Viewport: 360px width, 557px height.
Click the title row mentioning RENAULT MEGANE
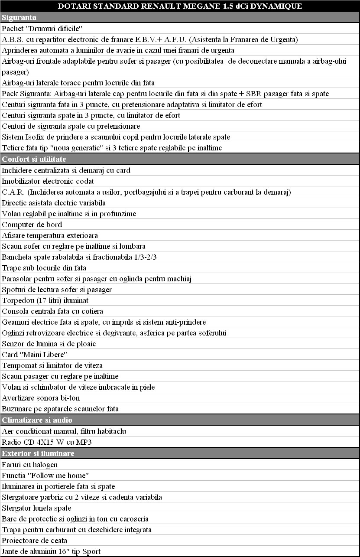click(180, 6)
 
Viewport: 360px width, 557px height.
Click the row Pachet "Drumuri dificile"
click(42, 29)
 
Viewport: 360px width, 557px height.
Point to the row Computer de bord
click(32, 225)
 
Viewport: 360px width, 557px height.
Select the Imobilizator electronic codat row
click(48, 181)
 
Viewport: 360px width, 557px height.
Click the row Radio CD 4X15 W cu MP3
click(47, 442)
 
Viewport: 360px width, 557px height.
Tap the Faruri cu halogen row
click(30, 465)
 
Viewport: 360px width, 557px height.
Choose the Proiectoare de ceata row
click(35, 541)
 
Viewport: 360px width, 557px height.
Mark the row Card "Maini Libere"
click(35, 355)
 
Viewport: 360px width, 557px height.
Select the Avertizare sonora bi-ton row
click(41, 398)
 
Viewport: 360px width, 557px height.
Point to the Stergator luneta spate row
click(37, 508)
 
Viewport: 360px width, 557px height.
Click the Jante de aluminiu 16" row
click(51, 551)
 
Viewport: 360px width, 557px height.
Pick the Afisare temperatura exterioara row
click(50, 235)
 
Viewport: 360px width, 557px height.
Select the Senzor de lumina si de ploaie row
click(49, 344)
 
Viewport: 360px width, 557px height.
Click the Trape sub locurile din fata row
click(44, 268)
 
